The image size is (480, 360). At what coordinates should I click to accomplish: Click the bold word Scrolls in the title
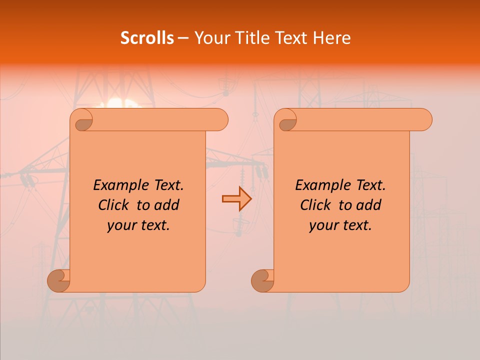click(147, 38)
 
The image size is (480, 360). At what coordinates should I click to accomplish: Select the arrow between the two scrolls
click(236, 199)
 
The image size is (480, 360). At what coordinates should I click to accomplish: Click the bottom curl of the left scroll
click(59, 281)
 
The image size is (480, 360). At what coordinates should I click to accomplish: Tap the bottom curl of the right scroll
click(263, 281)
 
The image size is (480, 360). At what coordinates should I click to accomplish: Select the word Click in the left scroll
click(114, 205)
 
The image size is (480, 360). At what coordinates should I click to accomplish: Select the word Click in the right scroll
click(316, 205)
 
